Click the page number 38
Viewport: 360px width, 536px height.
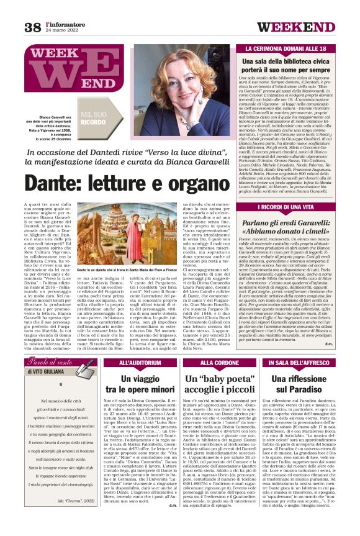pos(32,27)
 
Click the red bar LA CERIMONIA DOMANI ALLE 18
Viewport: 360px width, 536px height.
pos(294,48)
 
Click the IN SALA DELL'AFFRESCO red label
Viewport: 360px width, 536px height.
pos(294,363)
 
